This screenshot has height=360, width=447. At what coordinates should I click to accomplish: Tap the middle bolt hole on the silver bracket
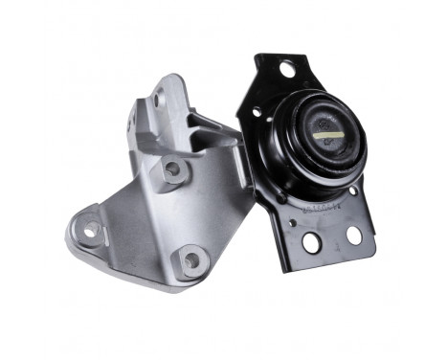pos(172,169)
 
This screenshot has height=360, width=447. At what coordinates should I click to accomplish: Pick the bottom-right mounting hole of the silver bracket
pos(190,259)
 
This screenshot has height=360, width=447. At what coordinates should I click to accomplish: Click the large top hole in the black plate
pos(286,68)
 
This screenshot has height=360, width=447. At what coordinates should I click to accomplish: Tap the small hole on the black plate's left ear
pos(256,112)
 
